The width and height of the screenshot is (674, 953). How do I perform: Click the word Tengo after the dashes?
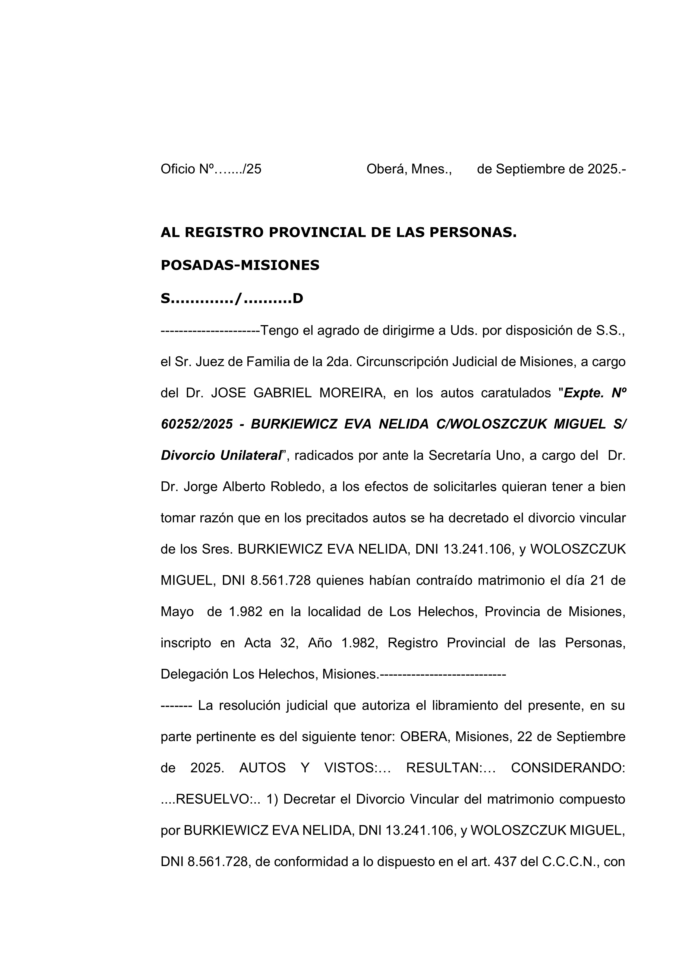click(x=276, y=331)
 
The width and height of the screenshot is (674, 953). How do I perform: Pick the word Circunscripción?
click(x=401, y=362)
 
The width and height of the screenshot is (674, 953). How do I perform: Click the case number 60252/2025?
click(x=197, y=424)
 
